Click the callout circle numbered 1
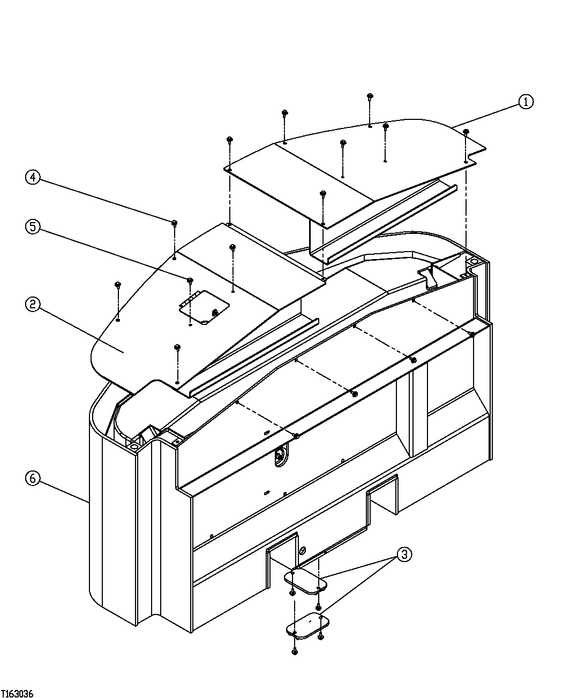[526, 102]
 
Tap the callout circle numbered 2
[33, 305]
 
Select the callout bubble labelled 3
[404, 555]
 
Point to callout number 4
[33, 177]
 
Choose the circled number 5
[33, 226]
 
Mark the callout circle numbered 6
[33, 478]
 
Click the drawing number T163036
[18, 693]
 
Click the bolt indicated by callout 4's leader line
[175, 223]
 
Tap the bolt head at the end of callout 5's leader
[190, 280]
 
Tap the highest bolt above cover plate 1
[370, 96]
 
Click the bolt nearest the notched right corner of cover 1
[466, 132]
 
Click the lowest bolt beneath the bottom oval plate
[294, 651]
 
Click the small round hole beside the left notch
[302, 550]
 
